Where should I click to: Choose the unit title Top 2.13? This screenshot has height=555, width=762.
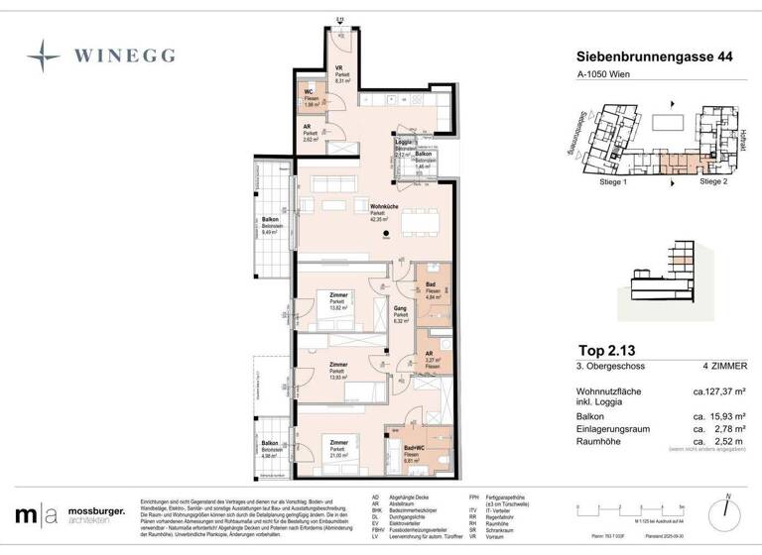tap(606, 350)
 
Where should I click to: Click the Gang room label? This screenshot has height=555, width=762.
tap(401, 310)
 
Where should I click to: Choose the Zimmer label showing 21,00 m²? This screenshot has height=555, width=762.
tap(339, 448)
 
